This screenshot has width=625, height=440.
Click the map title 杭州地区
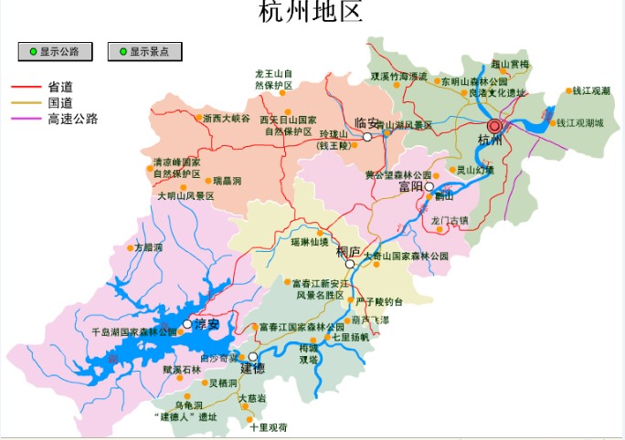[312, 13]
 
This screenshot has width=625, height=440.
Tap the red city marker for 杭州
[495, 126]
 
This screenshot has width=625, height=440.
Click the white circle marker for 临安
[367, 137]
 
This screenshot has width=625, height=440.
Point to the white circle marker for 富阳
[429, 186]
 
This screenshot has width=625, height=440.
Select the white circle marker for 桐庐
[349, 264]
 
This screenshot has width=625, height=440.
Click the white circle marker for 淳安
[187, 324]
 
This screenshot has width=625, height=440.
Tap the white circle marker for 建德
[253, 357]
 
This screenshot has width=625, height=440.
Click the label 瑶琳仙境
[310, 242]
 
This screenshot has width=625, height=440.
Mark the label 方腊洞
[148, 247]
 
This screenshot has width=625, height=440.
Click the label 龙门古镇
[450, 220]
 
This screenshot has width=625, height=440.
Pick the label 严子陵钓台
[379, 301]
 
